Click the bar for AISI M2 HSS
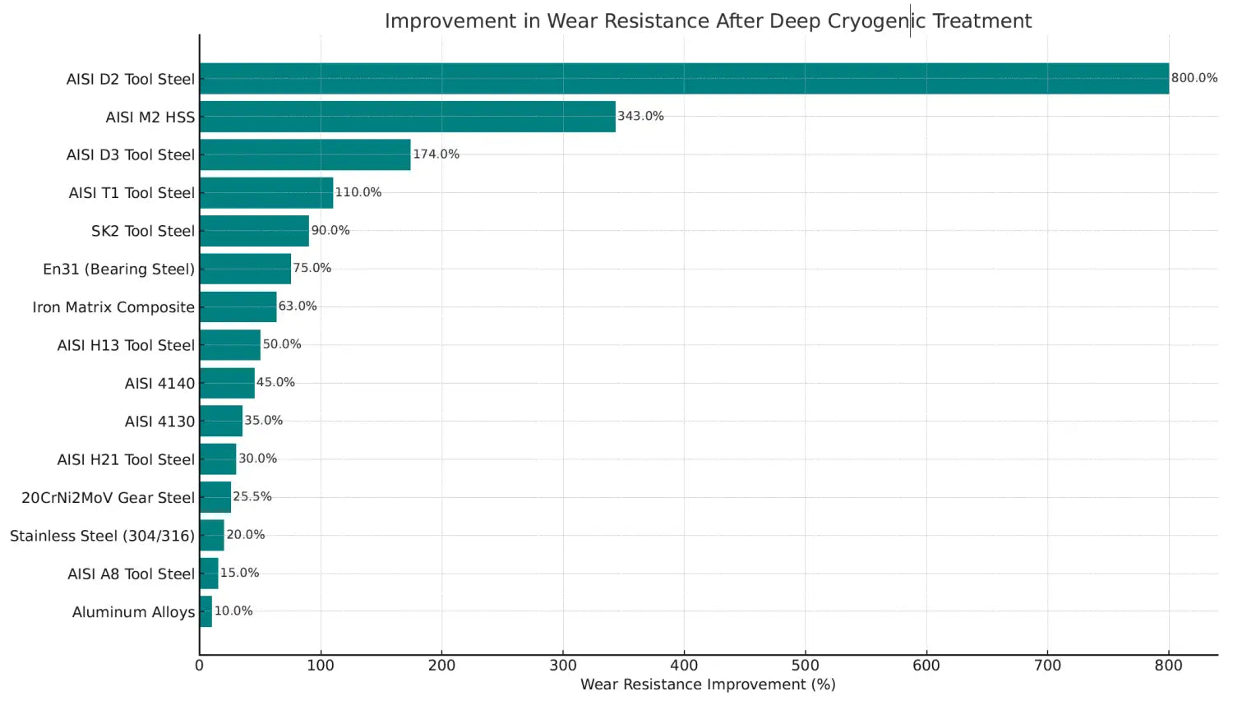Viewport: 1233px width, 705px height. (x=408, y=117)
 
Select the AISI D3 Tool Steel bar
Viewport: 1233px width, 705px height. (x=305, y=154)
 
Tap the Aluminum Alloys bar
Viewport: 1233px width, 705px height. (x=205, y=611)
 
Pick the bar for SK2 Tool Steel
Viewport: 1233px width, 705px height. (x=254, y=231)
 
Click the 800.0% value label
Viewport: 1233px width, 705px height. (x=1194, y=78)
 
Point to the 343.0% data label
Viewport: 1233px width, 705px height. (x=640, y=116)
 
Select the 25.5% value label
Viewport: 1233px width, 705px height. (x=252, y=496)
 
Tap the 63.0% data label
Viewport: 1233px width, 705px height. (x=298, y=306)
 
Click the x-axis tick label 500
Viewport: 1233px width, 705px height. (x=806, y=666)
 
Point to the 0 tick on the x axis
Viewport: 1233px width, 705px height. (x=199, y=666)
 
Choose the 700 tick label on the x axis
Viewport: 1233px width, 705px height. (x=1047, y=666)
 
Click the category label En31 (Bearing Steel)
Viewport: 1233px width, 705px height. (x=119, y=270)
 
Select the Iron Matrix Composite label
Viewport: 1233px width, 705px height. (x=113, y=307)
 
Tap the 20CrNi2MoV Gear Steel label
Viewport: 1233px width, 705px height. (x=108, y=497)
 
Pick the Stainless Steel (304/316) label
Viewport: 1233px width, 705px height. (x=103, y=536)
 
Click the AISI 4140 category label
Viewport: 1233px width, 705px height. (x=159, y=383)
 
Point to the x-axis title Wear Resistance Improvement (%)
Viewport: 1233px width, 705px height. (x=708, y=684)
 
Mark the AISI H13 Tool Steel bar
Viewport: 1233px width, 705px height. (x=230, y=344)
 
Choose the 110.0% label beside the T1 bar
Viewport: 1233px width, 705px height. (x=358, y=192)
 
